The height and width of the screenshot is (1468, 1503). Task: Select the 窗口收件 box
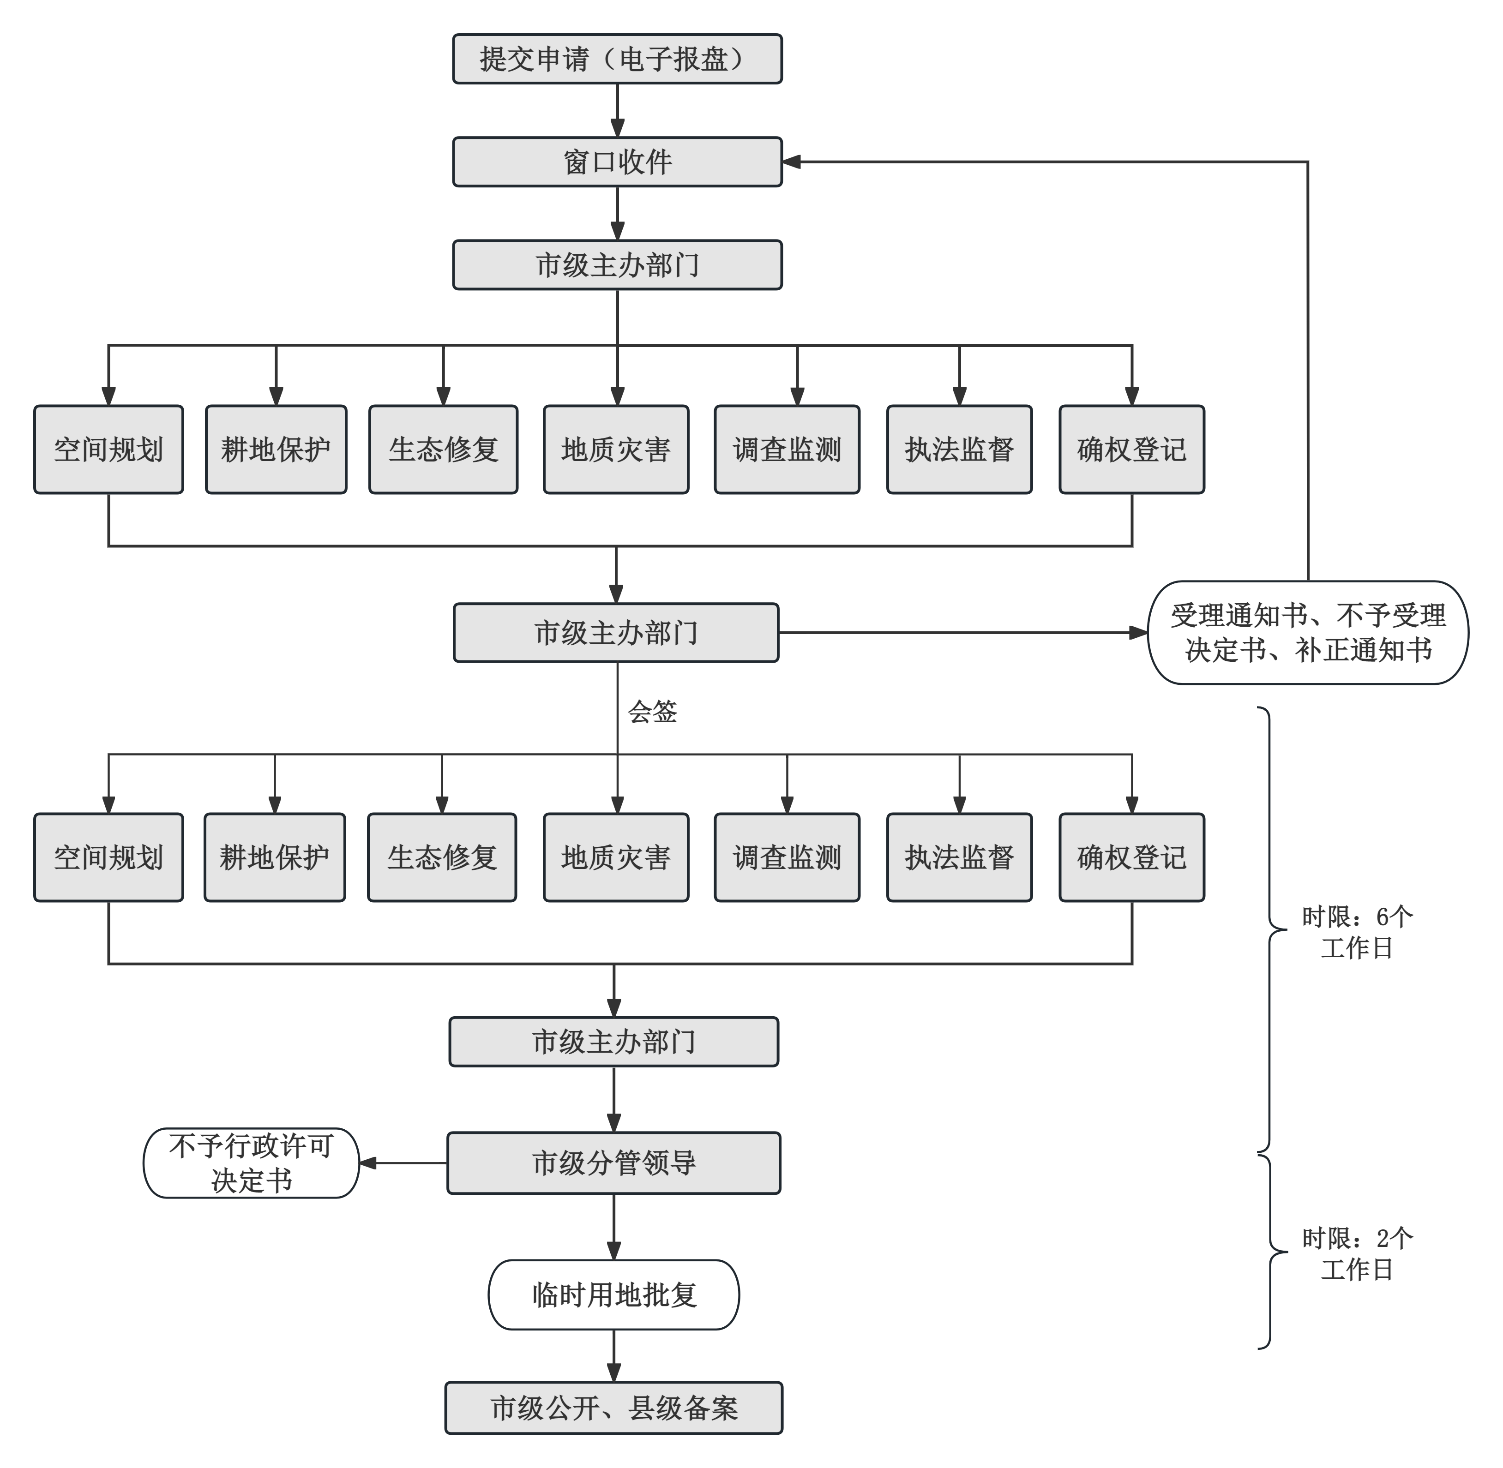coord(617,162)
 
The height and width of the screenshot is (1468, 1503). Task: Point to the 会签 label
coord(652,712)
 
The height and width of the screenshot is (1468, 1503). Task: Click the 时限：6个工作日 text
coord(1357,932)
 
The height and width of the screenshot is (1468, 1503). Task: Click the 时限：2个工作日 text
coord(1357,1254)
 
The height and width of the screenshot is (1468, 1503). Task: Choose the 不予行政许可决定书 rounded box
coord(252,1162)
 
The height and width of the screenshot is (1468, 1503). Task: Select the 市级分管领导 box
coord(614,1162)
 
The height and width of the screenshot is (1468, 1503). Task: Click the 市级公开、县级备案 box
coord(614,1408)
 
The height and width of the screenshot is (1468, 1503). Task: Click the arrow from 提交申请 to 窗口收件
coord(617,110)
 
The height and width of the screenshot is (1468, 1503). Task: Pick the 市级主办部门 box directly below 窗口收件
coord(617,265)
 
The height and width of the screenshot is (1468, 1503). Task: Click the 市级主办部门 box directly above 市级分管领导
coord(614,1042)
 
